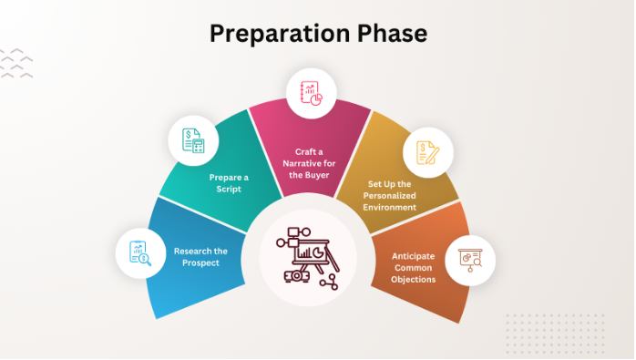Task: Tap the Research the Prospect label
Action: pos(200,257)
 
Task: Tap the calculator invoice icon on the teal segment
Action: pos(193,139)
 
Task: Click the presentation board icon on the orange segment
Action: pos(470,261)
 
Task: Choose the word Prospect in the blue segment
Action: pos(200,264)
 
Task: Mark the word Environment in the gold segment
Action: pos(389,207)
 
